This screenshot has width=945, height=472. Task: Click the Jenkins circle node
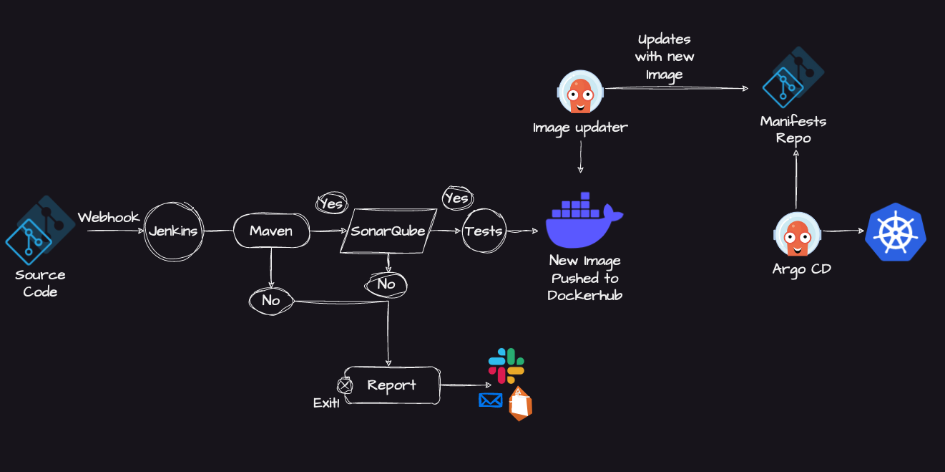click(172, 231)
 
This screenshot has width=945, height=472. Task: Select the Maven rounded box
click(271, 231)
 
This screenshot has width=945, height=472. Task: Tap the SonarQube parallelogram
click(388, 231)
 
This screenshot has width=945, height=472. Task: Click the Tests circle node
click(484, 231)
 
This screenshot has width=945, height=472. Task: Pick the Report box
click(391, 385)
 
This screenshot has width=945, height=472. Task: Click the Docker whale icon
click(583, 220)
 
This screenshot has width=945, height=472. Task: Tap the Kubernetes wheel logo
click(895, 232)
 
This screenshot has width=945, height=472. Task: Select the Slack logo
click(506, 365)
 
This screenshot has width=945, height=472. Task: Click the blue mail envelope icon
click(491, 400)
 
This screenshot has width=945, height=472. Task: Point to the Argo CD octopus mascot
click(798, 233)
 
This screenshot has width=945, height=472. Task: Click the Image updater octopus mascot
click(580, 92)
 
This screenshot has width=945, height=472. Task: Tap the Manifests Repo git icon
click(793, 77)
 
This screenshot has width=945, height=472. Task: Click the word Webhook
click(108, 217)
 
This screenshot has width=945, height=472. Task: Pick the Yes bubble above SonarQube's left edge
click(331, 203)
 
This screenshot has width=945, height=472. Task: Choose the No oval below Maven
click(271, 301)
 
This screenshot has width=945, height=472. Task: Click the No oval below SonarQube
click(386, 284)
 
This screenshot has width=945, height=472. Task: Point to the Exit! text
click(326, 403)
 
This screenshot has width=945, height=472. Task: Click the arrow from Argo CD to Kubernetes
click(843, 231)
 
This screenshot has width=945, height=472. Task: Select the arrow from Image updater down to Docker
click(580, 157)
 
